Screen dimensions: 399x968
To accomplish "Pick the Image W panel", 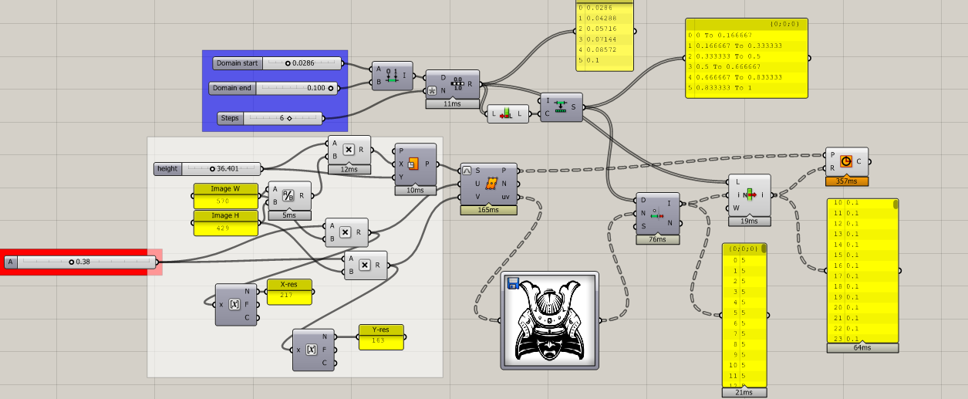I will pyautogui.click(x=226, y=195).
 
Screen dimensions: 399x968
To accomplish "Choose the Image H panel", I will pyautogui.click(x=226, y=222).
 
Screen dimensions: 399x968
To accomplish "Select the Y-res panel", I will pyautogui.click(x=381, y=336).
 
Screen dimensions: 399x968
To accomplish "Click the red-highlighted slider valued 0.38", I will pyautogui.click(x=80, y=262).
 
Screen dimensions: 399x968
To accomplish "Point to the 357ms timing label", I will pyautogui.click(x=846, y=181).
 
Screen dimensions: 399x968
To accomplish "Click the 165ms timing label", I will pyautogui.click(x=488, y=209).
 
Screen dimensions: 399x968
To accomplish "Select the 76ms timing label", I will pyautogui.click(x=658, y=239).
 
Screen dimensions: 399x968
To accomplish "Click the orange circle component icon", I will pyautogui.click(x=847, y=162).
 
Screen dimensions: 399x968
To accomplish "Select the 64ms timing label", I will pyautogui.click(x=862, y=347).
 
